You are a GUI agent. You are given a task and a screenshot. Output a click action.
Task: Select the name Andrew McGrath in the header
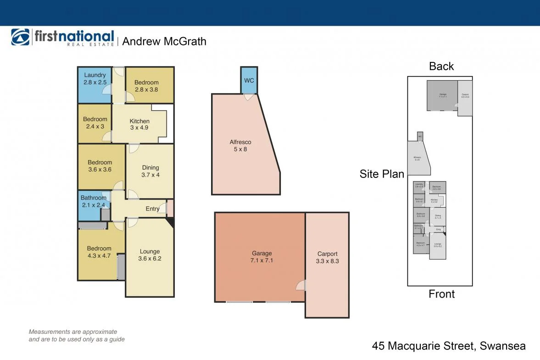164,41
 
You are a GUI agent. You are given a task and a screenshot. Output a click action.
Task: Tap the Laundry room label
95,78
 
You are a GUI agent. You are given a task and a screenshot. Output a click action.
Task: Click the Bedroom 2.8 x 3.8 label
146,86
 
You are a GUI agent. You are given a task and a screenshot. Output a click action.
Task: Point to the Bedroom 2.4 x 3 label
95,123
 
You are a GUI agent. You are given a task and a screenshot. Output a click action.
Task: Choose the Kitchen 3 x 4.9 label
139,124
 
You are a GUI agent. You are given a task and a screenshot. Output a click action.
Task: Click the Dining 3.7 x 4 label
150,171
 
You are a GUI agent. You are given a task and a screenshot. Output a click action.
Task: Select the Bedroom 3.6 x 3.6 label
100,166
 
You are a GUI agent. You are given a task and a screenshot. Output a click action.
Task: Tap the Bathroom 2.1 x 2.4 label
93,202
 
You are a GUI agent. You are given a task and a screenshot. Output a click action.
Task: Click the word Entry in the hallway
152,209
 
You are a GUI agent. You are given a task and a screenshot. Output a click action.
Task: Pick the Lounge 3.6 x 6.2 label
150,255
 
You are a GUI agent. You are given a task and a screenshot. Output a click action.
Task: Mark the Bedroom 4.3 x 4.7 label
99,252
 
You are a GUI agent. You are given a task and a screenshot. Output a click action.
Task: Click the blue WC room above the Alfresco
249,80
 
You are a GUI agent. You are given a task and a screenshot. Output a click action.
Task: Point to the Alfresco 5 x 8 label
240,145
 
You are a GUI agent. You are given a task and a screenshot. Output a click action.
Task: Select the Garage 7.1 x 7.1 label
262,257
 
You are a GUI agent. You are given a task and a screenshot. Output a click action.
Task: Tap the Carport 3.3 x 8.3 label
327,257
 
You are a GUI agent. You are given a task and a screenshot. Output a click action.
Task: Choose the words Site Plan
382,174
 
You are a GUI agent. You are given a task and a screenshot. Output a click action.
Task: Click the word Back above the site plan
441,66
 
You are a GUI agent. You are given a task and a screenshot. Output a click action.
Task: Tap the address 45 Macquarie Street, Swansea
448,346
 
